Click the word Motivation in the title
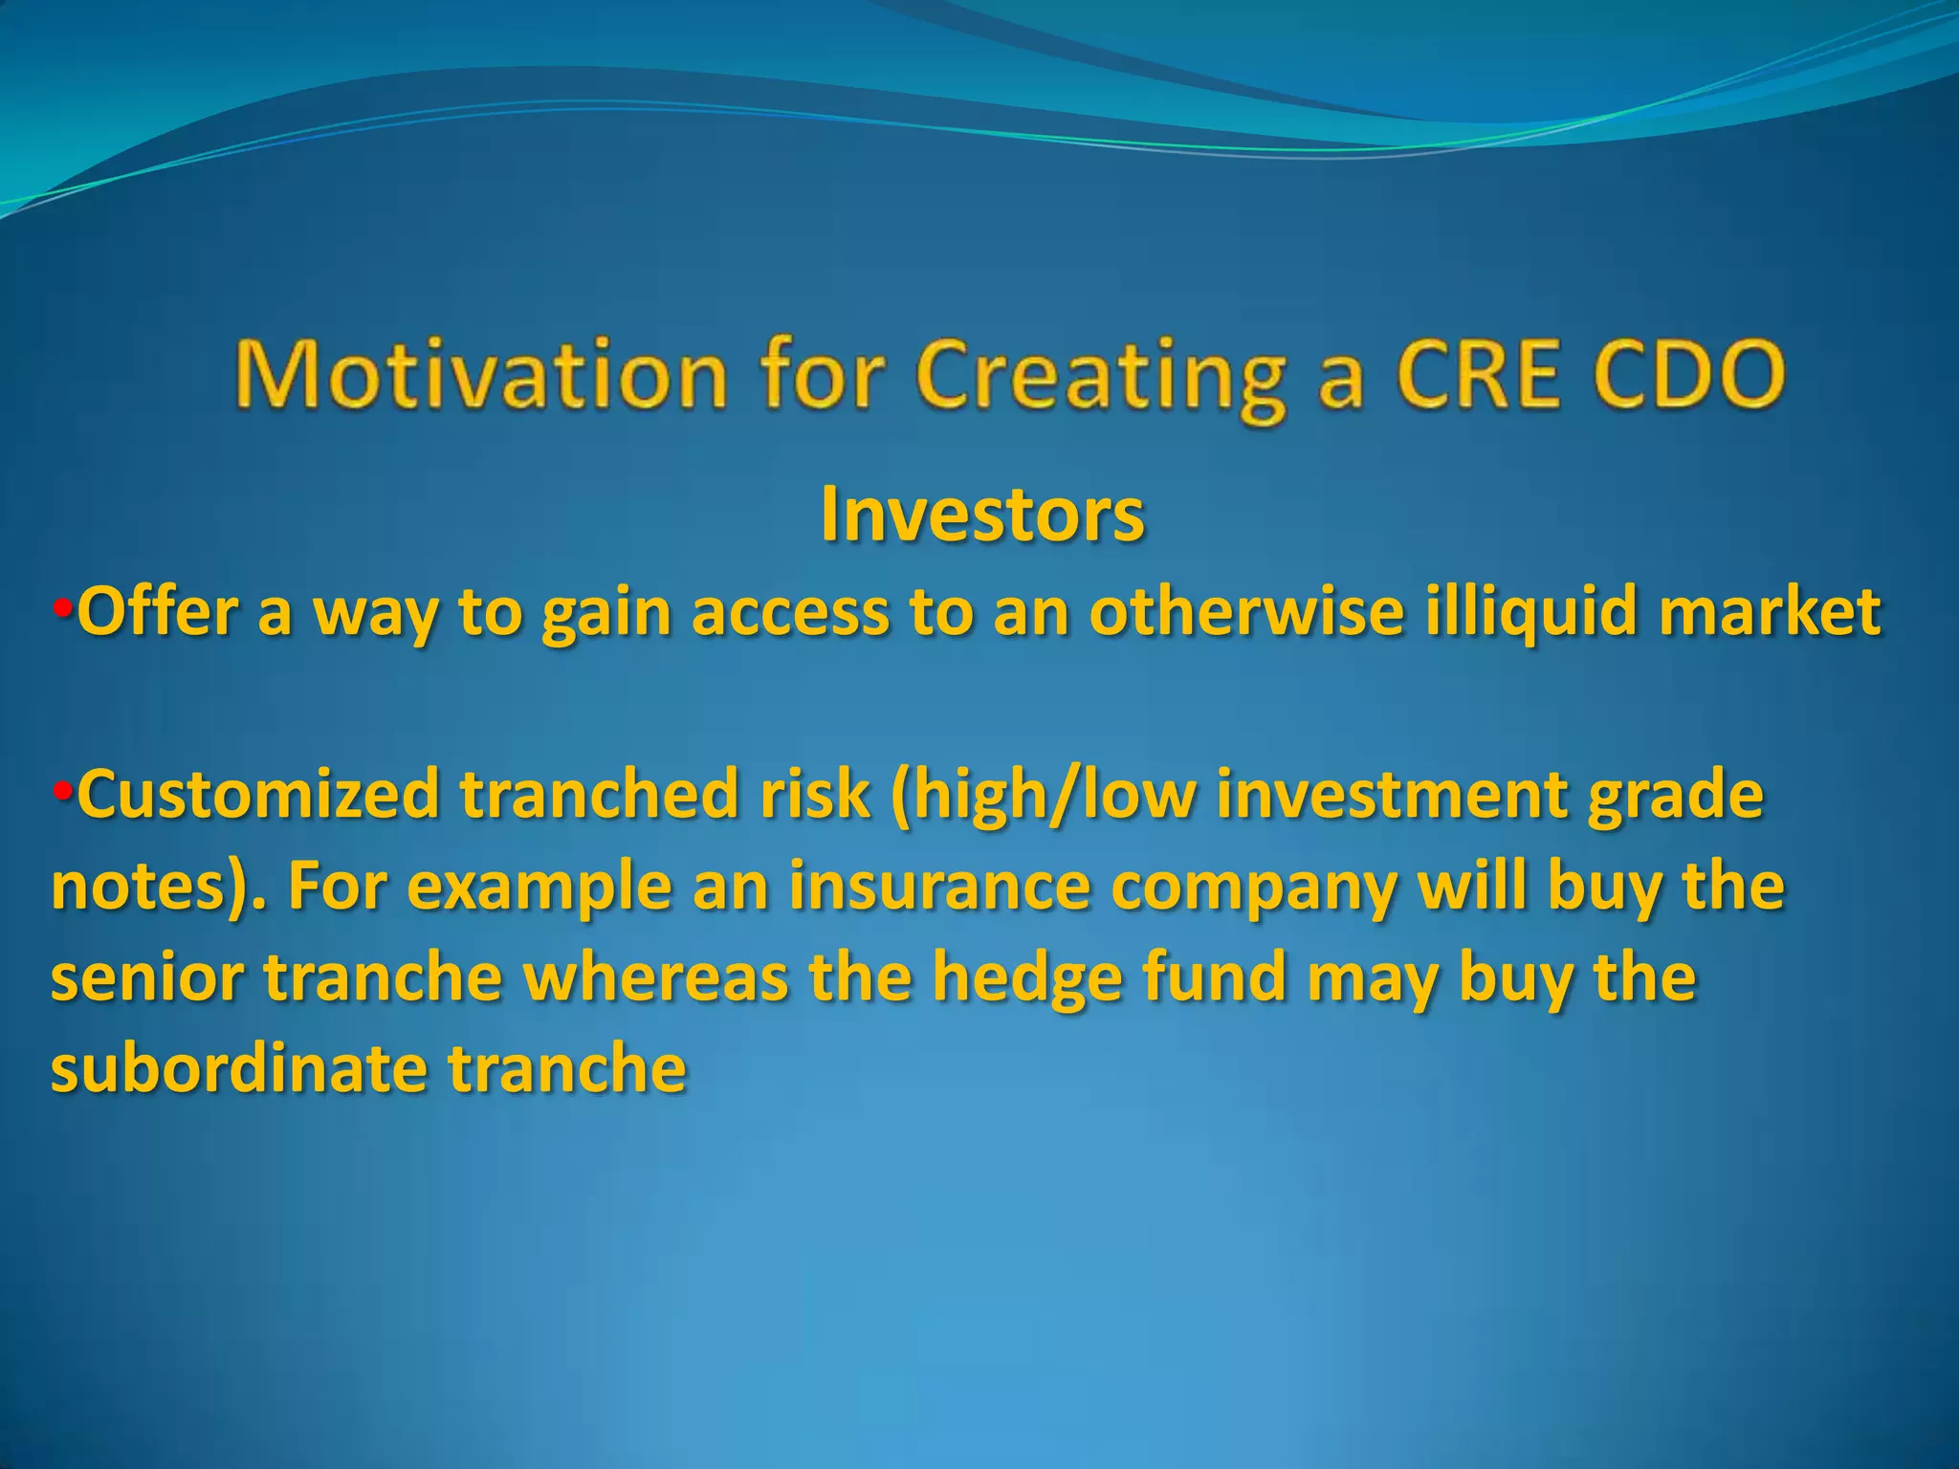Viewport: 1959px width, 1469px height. (481, 376)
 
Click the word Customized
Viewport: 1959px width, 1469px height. (258, 795)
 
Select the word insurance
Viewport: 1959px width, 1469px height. (939, 887)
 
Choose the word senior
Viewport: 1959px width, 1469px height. (146, 978)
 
